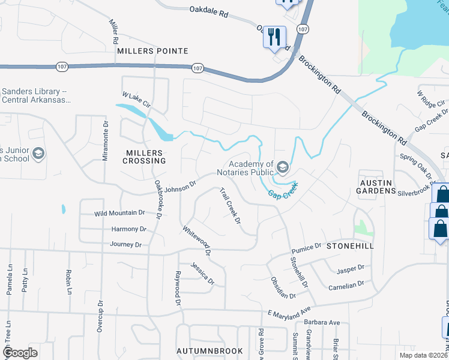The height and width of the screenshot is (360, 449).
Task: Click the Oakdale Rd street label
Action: pyautogui.click(x=209, y=10)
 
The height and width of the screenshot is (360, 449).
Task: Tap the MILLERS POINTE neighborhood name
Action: pyautogui.click(x=152, y=52)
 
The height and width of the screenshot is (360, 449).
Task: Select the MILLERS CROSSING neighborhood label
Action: pyautogui.click(x=144, y=157)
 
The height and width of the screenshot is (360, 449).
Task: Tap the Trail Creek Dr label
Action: pyautogui.click(x=230, y=206)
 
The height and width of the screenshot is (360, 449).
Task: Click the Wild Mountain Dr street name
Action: pyautogui.click(x=120, y=213)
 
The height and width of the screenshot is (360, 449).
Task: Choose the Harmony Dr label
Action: pyautogui.click(x=128, y=229)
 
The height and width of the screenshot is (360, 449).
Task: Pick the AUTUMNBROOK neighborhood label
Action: pyautogui.click(x=209, y=351)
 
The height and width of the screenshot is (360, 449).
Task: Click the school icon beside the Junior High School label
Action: pyautogui.click(x=38, y=154)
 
